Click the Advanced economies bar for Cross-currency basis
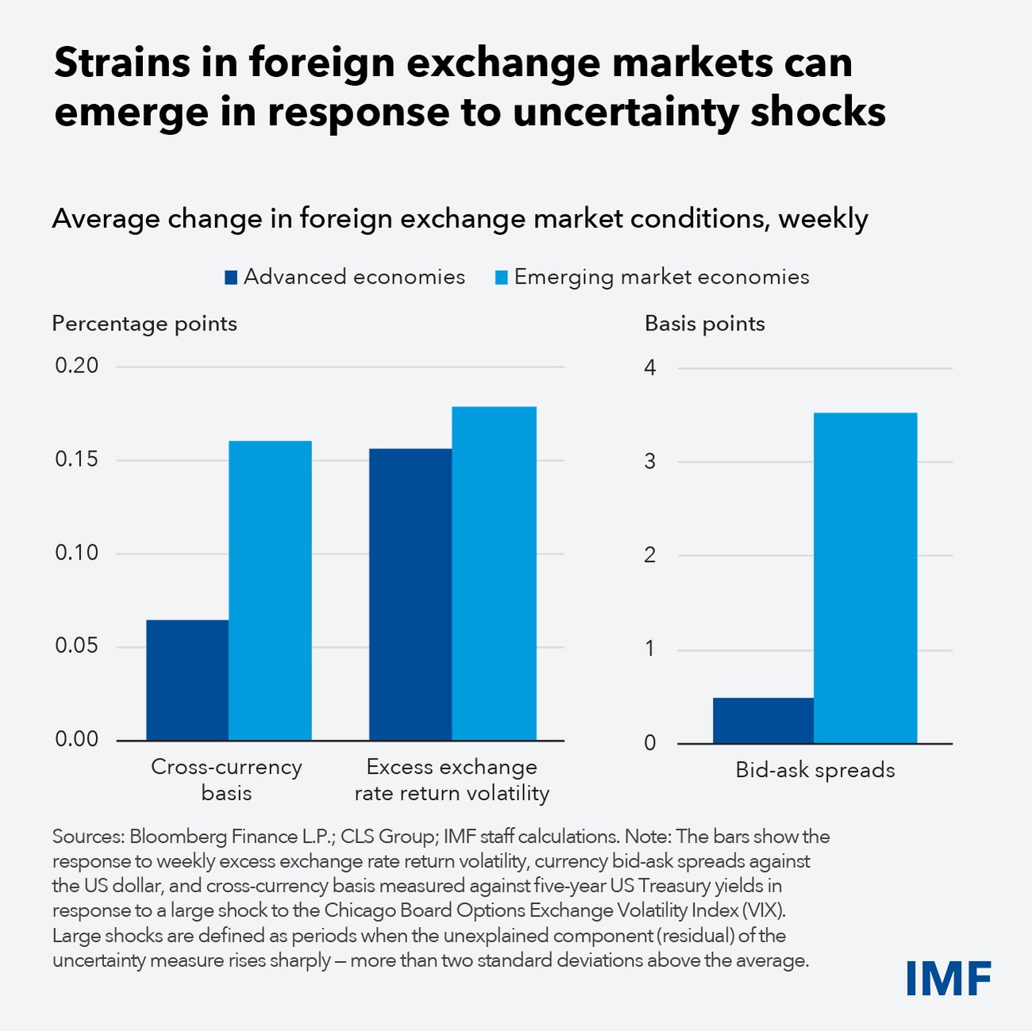187,680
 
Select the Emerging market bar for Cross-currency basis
270,591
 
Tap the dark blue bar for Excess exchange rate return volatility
410,594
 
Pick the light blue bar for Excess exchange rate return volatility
494,574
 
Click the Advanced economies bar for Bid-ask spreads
763,721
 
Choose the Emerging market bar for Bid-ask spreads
865,578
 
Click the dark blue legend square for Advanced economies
231,278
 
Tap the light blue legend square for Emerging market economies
501,278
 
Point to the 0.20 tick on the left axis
77,366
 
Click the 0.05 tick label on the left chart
77,646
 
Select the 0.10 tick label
77,553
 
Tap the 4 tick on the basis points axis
651,367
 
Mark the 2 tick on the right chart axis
651,555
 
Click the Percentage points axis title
144,324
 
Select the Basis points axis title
704,324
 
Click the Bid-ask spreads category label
815,770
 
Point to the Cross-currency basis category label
226,779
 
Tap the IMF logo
949,978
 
